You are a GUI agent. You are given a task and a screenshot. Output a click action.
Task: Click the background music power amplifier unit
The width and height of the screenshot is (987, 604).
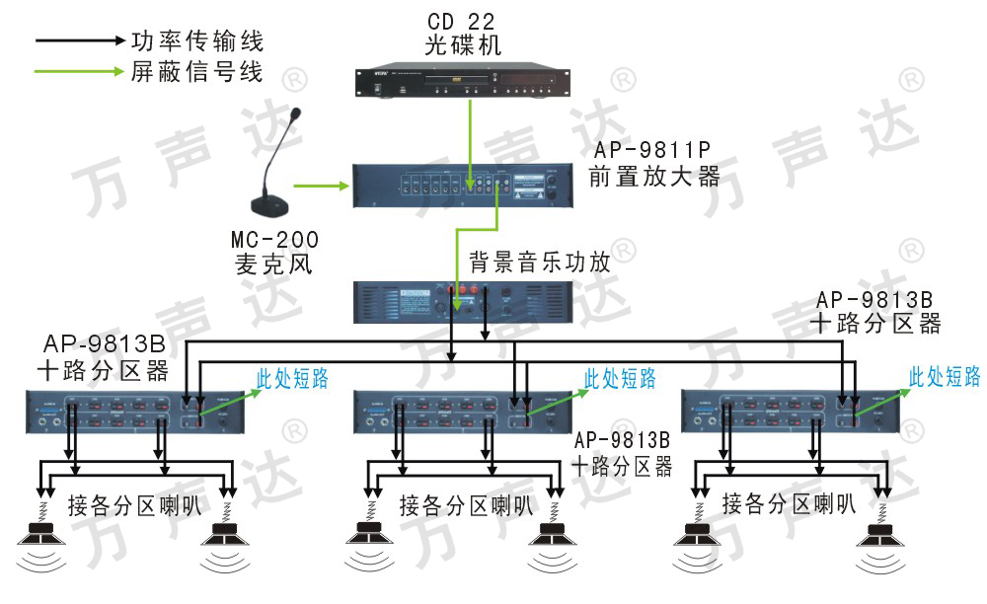462,302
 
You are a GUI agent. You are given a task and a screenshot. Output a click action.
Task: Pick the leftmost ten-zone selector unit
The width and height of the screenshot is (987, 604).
133,414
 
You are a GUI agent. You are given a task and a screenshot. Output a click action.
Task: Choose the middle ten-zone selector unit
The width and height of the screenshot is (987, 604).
460,414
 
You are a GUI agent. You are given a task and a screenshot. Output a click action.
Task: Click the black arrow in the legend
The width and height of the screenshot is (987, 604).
77,41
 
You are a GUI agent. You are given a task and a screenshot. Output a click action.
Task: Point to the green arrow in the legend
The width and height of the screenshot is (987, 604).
77,72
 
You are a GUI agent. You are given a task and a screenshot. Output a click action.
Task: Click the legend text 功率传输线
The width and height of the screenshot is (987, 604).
197,41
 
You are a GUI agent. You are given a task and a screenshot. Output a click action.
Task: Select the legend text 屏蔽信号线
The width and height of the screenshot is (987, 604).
197,72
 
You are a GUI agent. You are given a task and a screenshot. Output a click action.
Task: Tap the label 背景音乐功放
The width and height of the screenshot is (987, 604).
539,263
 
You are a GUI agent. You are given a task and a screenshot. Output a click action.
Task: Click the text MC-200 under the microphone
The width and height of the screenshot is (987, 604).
275,240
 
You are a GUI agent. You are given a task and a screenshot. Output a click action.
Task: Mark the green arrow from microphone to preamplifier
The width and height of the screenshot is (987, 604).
323,185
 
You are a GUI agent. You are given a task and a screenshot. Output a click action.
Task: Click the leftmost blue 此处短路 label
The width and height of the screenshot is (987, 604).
293,379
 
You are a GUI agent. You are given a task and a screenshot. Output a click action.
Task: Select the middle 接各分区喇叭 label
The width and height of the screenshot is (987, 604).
466,506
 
